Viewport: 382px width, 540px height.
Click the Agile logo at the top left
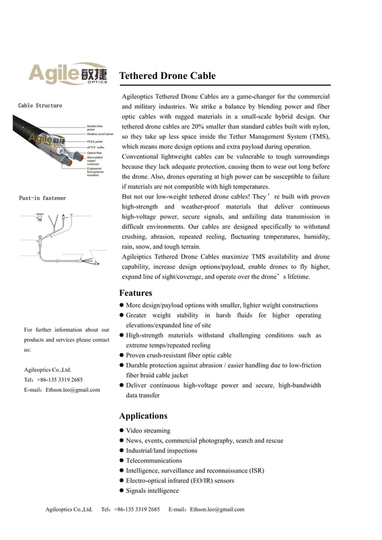pos(68,74)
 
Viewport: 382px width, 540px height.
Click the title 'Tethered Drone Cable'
pos(167,76)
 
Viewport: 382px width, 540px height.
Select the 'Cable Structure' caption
pos(40,106)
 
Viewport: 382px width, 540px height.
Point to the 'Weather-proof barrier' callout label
pos(100,134)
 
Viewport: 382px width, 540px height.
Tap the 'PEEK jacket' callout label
pos(95,141)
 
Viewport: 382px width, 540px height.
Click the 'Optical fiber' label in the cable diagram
pos(95,153)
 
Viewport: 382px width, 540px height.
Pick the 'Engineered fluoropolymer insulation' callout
pos(95,171)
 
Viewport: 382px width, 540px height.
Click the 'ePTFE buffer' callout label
pos(96,147)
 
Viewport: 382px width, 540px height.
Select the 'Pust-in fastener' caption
pos(42,198)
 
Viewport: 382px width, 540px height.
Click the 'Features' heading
pos(136,293)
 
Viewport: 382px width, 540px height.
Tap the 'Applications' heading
pos(143,415)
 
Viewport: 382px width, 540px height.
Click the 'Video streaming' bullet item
pos(148,430)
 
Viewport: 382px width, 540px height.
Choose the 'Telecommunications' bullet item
pos(154,460)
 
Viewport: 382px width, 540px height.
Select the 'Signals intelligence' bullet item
pos(152,491)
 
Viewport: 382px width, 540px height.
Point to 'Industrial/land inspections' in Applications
pos(161,451)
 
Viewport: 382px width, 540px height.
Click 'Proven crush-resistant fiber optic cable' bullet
pos(178,356)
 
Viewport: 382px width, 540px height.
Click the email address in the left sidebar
pos(62,390)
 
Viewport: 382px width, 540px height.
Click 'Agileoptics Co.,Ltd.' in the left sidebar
pos(47,369)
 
